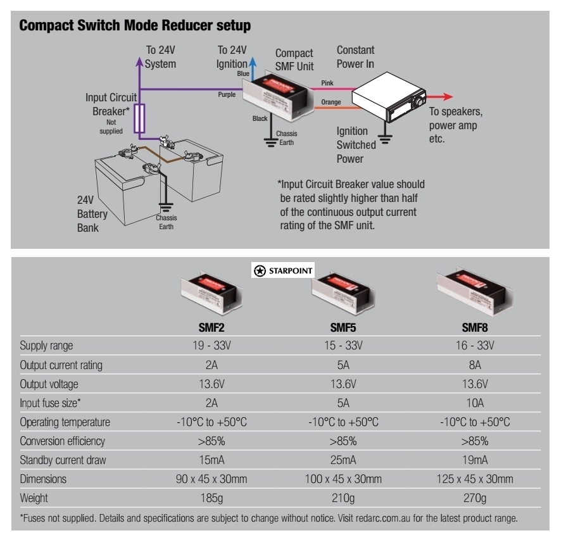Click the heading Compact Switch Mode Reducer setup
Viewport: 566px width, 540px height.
coord(135,26)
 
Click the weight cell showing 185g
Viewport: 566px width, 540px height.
coord(211,498)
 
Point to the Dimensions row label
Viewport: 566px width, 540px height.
coord(41,479)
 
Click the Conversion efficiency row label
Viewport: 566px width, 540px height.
coord(63,441)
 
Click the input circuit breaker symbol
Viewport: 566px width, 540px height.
coord(142,118)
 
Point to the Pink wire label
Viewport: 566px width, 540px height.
coord(327,83)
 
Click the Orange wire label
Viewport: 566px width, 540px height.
coord(331,102)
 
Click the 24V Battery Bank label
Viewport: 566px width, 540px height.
coord(92,214)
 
